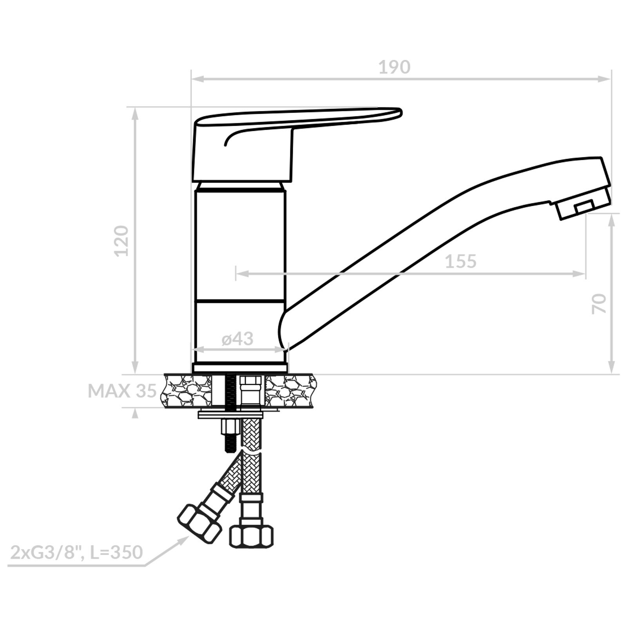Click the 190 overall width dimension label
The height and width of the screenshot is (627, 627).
(x=394, y=67)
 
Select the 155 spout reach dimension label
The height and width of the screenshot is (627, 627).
(x=461, y=261)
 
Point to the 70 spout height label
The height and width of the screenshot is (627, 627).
(x=599, y=304)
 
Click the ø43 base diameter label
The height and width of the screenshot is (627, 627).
(x=238, y=338)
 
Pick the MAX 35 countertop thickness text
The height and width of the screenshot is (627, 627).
(x=122, y=391)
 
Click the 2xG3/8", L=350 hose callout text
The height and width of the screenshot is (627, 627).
(x=76, y=553)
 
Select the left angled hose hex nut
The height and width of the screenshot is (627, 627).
(x=200, y=523)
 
